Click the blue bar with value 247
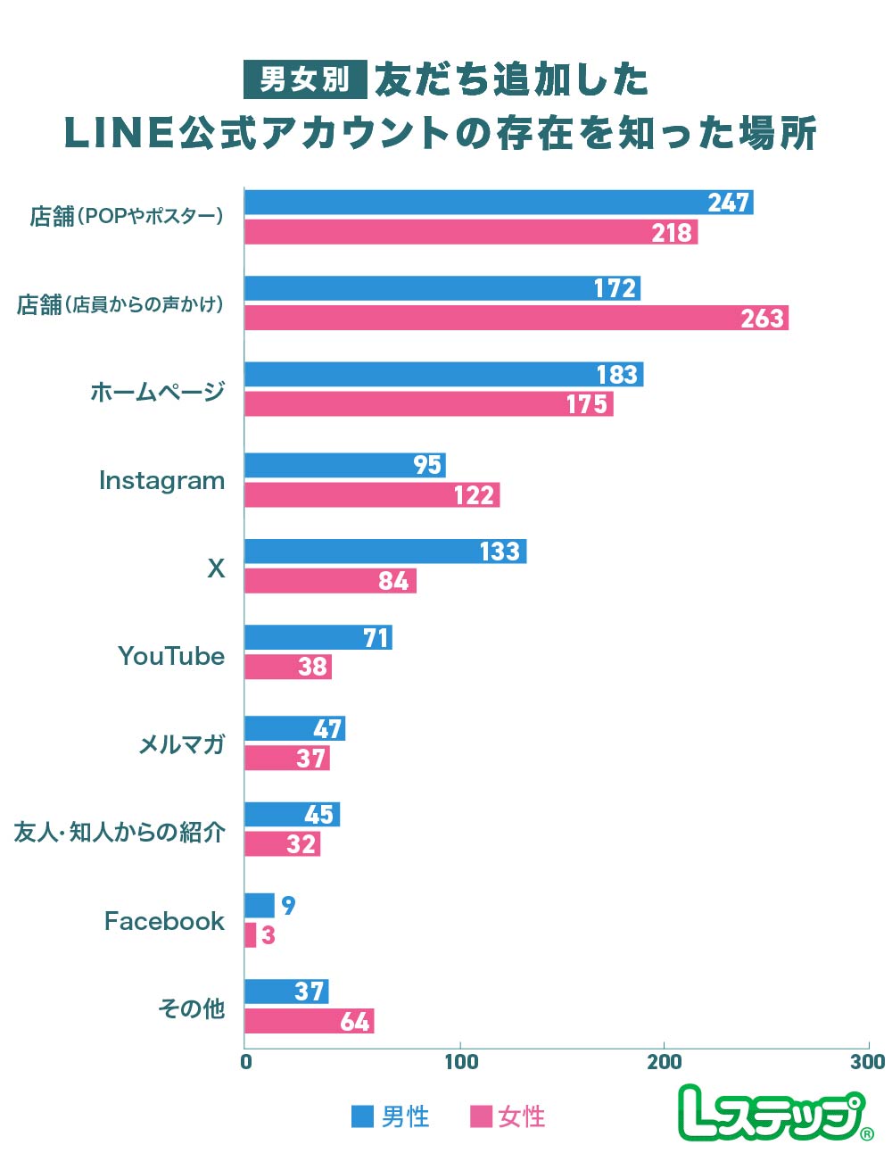(x=498, y=203)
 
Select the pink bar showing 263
(x=516, y=318)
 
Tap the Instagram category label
(x=161, y=481)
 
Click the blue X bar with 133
(x=384, y=552)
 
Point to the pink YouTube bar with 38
(x=287, y=667)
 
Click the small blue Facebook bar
(x=260, y=906)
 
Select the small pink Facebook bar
(x=251, y=935)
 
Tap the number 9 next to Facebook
(x=288, y=906)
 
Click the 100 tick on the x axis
(x=461, y=1062)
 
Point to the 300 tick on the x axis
(x=867, y=1062)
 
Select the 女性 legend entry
(x=508, y=1116)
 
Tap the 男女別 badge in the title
(x=305, y=79)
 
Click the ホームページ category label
(x=157, y=392)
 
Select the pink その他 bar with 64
(x=309, y=1021)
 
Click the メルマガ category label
(x=181, y=744)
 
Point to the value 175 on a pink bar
(x=586, y=404)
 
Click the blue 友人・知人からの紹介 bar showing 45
(x=292, y=815)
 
